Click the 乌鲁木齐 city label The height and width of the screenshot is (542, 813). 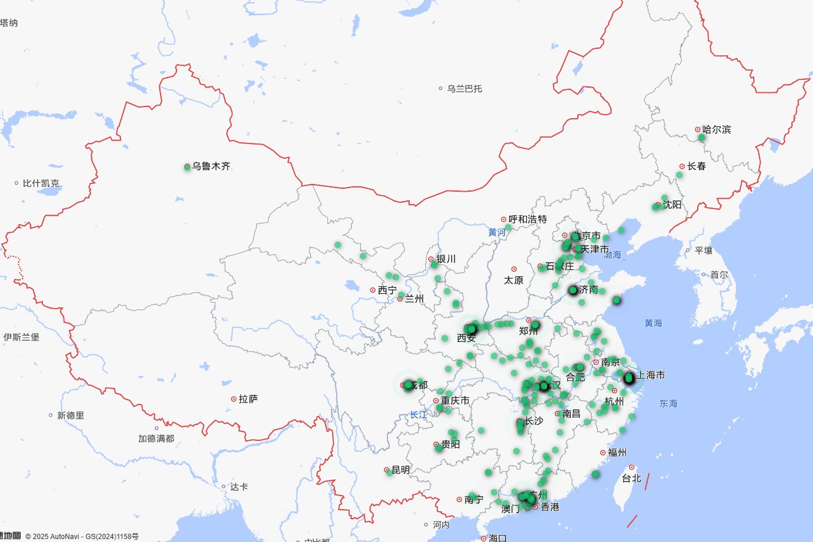[211, 166]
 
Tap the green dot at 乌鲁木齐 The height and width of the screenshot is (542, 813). [187, 167]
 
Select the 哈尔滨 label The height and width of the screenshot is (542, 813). [717, 129]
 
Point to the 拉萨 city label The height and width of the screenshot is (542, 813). [248, 399]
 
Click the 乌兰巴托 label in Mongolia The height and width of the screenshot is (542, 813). [464, 89]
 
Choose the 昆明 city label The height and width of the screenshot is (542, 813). [400, 470]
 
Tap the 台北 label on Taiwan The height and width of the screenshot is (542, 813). [631, 479]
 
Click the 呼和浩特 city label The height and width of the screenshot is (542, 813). [527, 219]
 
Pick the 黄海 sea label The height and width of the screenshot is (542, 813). [653, 323]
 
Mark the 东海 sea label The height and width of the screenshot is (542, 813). [668, 404]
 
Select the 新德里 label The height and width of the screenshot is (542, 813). [71, 416]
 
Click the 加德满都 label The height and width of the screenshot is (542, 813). [156, 439]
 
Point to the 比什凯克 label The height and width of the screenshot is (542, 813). [41, 183]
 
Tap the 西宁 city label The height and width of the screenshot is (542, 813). [387, 290]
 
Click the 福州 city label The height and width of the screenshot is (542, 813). [617, 453]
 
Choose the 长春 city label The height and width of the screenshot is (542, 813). [697, 166]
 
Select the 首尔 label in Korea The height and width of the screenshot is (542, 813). [719, 275]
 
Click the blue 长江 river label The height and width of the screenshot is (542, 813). [419, 415]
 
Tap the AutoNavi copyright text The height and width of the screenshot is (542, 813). [82, 536]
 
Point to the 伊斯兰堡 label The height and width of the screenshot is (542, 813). [22, 337]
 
